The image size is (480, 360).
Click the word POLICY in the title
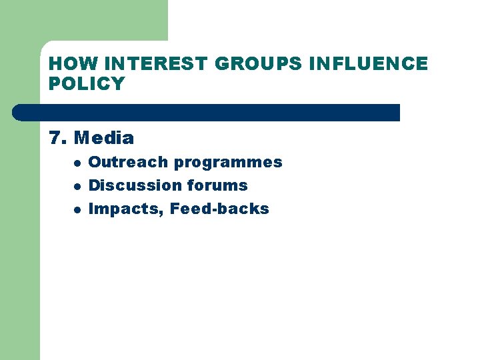pos(87,84)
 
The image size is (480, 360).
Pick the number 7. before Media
pos(58,139)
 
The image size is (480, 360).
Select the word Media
pos(104,139)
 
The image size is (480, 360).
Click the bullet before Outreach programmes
pos(77,163)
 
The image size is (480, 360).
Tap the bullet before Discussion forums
pos(77,186)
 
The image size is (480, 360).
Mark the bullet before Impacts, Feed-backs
pos(77,209)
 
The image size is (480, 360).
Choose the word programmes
pos(228,163)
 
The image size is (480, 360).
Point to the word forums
pos(217,185)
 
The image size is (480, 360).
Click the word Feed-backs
pos(219,209)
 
